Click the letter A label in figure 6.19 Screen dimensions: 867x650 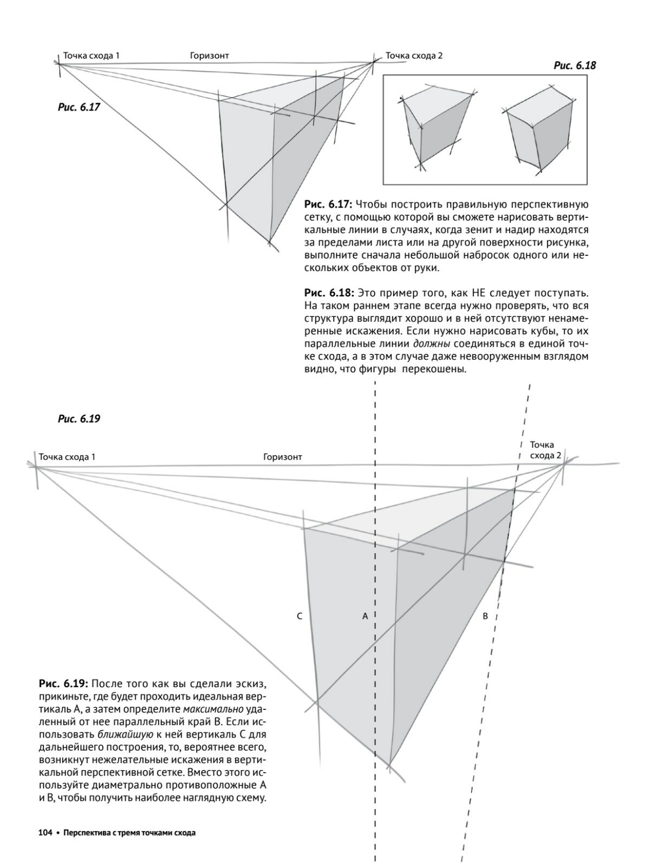(x=365, y=616)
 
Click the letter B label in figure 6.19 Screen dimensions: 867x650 (x=485, y=616)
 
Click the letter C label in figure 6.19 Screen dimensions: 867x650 (x=300, y=616)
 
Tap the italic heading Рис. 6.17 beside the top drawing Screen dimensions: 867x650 (x=79, y=107)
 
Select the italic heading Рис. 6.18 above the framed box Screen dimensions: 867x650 (x=575, y=66)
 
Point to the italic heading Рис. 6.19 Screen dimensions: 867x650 (x=79, y=419)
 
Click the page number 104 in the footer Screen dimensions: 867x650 (x=44, y=833)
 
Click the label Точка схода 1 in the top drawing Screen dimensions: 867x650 (x=91, y=55)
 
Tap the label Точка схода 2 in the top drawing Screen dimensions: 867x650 (x=414, y=55)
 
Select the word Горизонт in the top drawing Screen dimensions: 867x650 (x=210, y=55)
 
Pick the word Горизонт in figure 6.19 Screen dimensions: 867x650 (x=283, y=457)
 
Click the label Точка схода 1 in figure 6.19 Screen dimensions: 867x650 (x=67, y=457)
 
